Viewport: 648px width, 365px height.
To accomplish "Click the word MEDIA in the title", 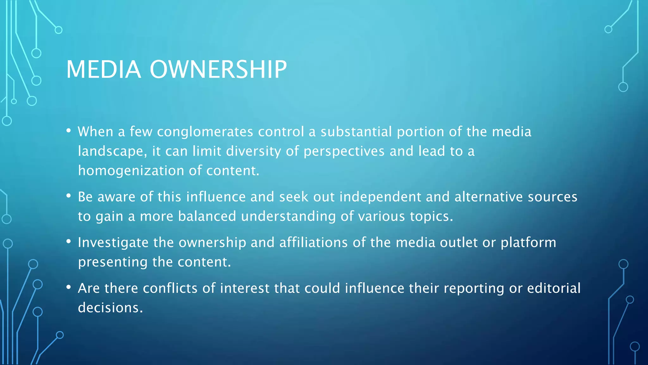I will pyautogui.click(x=103, y=69).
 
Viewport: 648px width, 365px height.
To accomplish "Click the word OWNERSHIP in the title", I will pyautogui.click(x=218, y=69).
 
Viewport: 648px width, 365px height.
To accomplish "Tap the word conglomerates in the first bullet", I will pyautogui.click(x=205, y=132).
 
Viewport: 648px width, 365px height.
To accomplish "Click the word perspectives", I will pyautogui.click(x=344, y=151).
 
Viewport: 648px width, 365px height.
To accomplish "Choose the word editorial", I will pyautogui.click(x=554, y=288).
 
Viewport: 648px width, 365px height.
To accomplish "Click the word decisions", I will pyautogui.click(x=110, y=308).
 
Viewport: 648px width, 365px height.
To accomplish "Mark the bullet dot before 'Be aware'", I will pyautogui.click(x=68, y=196).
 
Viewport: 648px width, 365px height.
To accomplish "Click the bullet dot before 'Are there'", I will pyautogui.click(x=68, y=287).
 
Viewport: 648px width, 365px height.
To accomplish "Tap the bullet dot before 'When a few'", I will pyautogui.click(x=68, y=131).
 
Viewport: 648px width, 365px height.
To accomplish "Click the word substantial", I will pyautogui.click(x=356, y=132).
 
